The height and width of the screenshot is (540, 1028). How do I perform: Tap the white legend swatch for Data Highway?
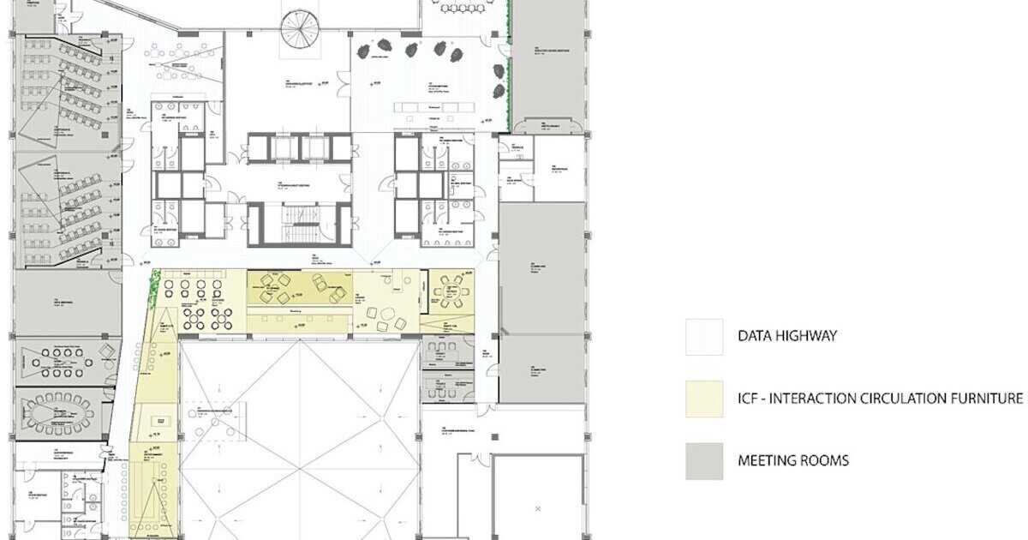pos(703,337)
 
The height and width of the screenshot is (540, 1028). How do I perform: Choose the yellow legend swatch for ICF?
pos(703,399)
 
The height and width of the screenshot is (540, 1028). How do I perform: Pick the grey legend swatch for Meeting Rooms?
pos(703,460)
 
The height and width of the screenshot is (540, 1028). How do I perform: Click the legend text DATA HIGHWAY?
pos(787,337)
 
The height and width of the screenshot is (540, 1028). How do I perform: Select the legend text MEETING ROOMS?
pos(793,460)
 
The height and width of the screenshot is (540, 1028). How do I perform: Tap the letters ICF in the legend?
pos(750,399)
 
